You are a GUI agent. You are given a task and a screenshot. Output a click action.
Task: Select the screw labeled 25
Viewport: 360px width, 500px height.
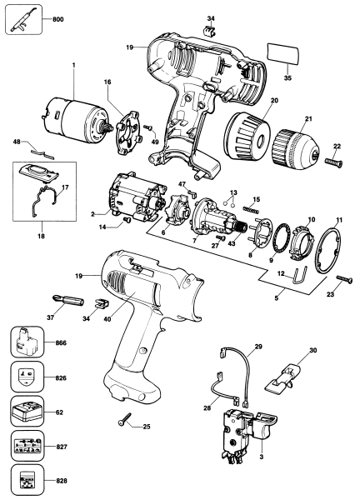coord(125,423)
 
